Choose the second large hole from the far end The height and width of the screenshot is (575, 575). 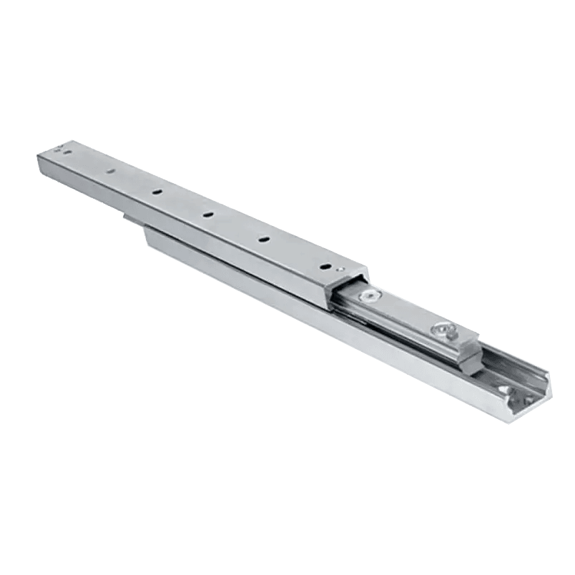click(157, 191)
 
